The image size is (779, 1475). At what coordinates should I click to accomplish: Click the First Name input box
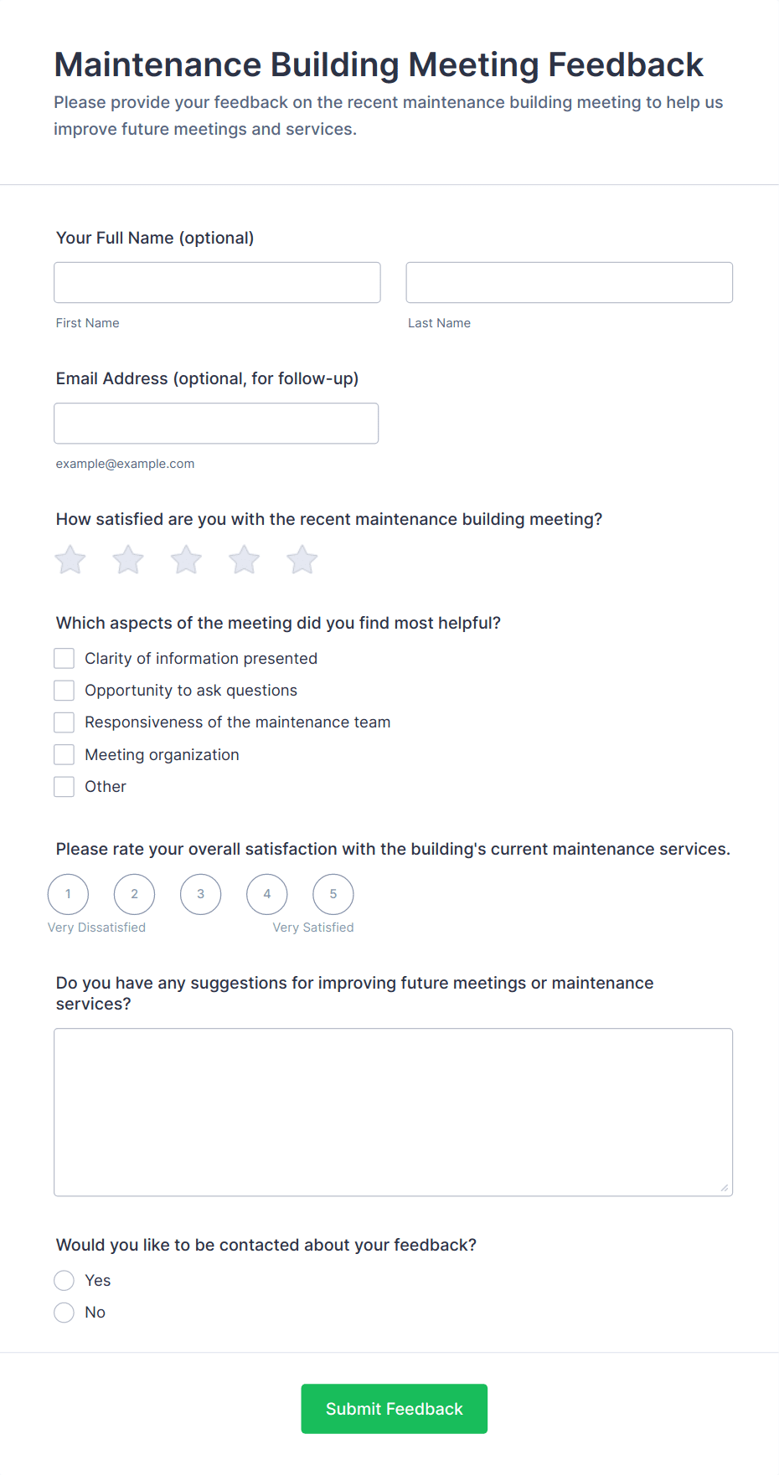tap(217, 282)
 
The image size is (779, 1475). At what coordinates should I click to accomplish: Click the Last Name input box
tap(569, 282)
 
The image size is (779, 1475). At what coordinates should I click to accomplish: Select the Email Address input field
tap(216, 423)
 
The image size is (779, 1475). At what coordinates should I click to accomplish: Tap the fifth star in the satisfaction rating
tap(302, 560)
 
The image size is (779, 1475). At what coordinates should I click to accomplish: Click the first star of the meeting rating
tap(70, 560)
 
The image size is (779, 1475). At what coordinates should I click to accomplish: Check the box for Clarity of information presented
tap(64, 659)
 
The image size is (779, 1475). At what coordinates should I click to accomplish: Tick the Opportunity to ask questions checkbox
tap(64, 691)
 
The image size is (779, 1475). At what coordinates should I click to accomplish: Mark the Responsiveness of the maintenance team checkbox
tap(64, 722)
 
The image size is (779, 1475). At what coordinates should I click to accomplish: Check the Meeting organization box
tap(64, 755)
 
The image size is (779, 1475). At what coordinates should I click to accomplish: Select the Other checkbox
tap(64, 787)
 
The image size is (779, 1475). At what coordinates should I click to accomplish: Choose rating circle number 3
tap(201, 894)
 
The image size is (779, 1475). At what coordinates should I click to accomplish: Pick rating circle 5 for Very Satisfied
tap(333, 894)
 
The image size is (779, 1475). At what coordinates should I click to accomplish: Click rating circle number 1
tap(69, 894)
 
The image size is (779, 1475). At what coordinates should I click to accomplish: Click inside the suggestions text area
tap(393, 1112)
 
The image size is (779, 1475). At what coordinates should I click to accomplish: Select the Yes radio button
tap(64, 1281)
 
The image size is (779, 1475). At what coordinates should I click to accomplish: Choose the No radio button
tap(64, 1313)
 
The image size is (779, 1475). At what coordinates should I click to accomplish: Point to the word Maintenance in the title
tap(157, 65)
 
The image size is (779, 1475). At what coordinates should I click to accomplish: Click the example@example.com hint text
tap(125, 464)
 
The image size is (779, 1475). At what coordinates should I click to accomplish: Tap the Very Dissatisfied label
tap(96, 928)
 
